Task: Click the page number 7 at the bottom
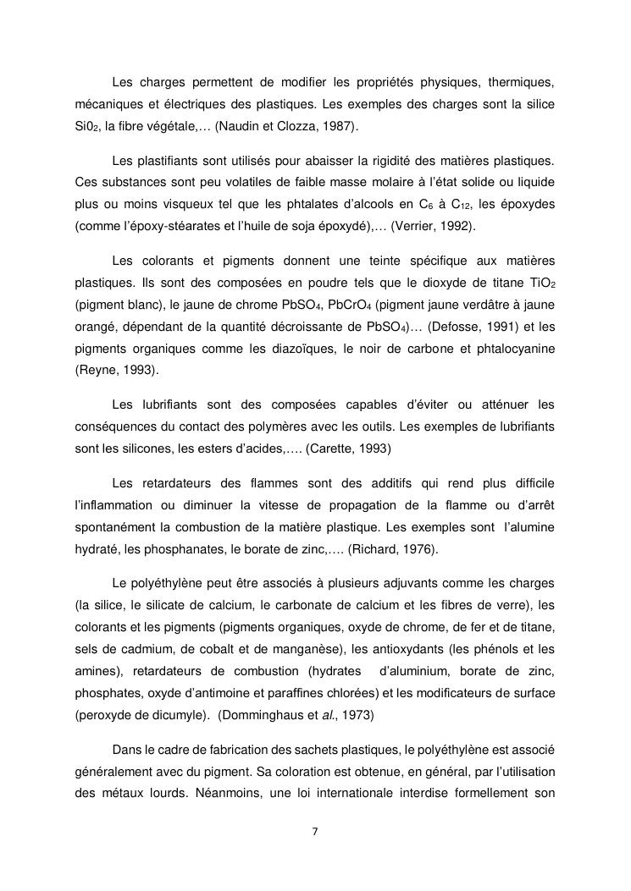(315, 831)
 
